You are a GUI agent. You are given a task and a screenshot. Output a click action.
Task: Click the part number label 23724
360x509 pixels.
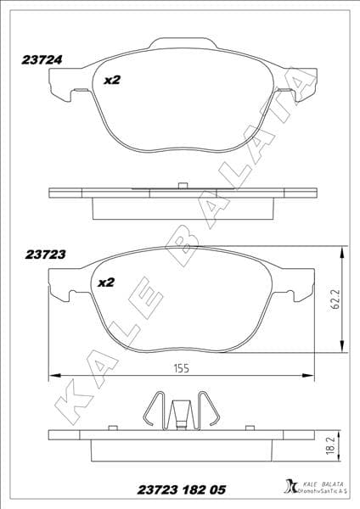click(x=40, y=61)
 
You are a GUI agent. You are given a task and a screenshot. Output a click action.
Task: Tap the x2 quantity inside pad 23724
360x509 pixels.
click(x=112, y=81)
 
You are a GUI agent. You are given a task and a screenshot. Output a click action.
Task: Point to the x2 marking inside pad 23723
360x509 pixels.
click(x=106, y=282)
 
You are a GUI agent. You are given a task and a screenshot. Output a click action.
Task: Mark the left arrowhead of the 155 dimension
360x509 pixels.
click(x=53, y=374)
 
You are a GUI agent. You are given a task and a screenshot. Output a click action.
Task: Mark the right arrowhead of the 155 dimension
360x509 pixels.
click(x=311, y=374)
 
